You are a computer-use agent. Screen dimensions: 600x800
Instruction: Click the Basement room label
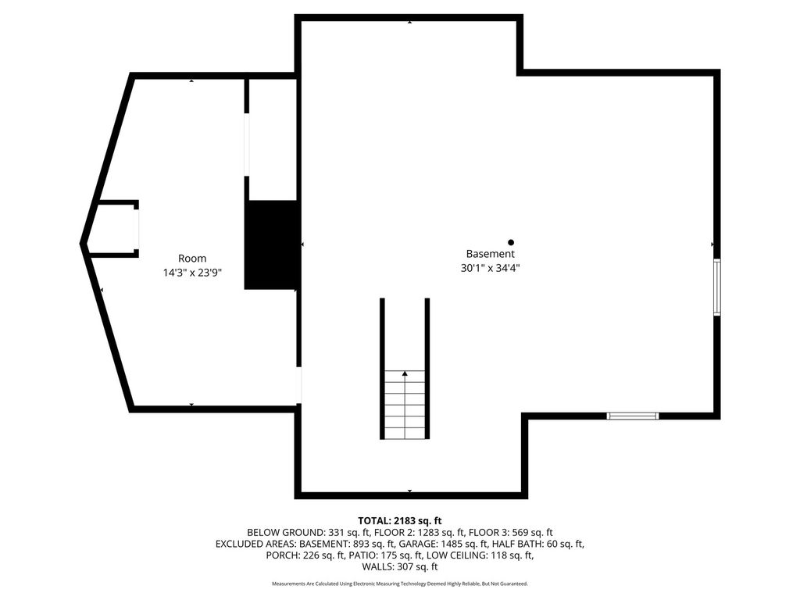tap(490, 254)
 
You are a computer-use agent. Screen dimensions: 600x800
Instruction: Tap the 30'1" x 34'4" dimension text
tap(490, 268)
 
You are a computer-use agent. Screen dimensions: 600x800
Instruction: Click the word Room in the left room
tap(192, 259)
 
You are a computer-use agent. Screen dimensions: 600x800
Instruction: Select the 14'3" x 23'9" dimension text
tap(192, 273)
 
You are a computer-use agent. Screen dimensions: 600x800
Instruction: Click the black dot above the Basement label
tap(511, 242)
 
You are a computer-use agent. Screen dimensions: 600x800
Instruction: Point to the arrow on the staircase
tap(405, 374)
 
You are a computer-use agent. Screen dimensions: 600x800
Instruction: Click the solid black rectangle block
tap(271, 245)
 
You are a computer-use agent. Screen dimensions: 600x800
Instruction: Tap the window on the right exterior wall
tap(716, 287)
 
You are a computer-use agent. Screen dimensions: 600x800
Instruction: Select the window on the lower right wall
tap(633, 416)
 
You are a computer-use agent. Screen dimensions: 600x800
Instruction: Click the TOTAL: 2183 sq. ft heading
tap(400, 520)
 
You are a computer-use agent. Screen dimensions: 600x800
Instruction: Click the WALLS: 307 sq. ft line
tap(400, 567)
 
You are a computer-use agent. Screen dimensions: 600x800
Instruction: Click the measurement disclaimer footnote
tap(400, 584)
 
